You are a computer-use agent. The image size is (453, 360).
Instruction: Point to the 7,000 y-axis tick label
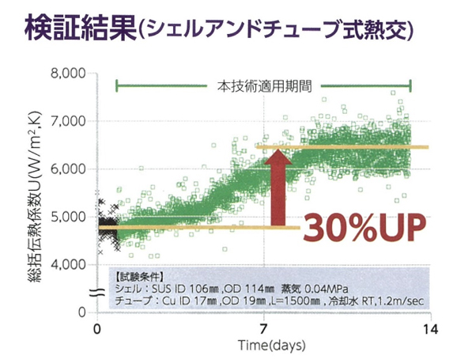point(68,121)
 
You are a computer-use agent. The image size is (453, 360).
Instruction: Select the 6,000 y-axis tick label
point(68,169)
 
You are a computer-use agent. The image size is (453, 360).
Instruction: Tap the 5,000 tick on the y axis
point(68,216)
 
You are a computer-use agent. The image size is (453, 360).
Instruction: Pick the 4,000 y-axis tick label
point(68,264)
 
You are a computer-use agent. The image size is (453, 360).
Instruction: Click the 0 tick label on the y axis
point(82,312)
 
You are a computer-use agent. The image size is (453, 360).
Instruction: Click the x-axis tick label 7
point(262,329)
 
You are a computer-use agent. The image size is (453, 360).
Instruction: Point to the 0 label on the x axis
point(96,329)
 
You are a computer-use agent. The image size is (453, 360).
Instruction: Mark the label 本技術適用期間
point(263,85)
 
